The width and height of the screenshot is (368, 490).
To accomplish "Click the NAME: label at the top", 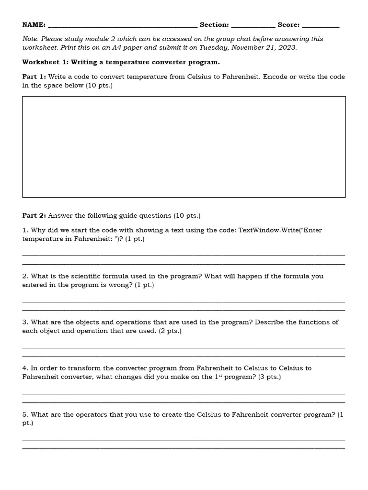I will pyautogui.click(x=34, y=25).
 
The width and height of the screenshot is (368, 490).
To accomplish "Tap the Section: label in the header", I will pyautogui.click(x=214, y=25).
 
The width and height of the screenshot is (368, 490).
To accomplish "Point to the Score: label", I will pyautogui.click(x=288, y=25).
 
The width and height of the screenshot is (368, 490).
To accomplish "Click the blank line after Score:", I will pyautogui.click(x=321, y=26).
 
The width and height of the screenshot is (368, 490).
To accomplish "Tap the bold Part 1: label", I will pyautogui.click(x=34, y=77).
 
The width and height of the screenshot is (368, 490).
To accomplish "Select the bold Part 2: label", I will pyautogui.click(x=34, y=216).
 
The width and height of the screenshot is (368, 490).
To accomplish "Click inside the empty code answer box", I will pyautogui.click(x=184, y=147).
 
